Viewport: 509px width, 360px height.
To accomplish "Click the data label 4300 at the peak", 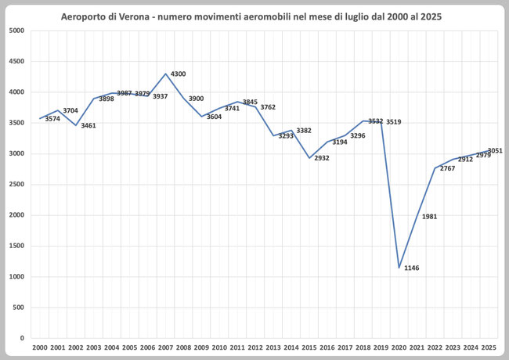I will (x=179, y=74).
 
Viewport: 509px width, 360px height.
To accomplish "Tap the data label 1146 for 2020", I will (x=412, y=268).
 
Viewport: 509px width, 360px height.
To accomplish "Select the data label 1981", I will (x=429, y=217).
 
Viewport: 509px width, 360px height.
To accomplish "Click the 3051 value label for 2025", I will (x=495, y=150).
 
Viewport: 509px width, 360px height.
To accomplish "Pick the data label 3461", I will (x=88, y=125).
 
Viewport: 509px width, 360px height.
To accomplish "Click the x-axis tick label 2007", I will (x=165, y=347).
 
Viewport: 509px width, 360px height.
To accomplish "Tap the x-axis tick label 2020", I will (x=399, y=347).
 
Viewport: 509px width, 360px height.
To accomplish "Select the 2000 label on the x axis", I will (x=40, y=347).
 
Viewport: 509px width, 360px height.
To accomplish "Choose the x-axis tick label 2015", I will (x=309, y=347).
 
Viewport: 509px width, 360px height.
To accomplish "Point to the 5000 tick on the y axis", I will (x=17, y=31).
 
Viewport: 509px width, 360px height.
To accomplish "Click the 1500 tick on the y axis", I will (x=17, y=246).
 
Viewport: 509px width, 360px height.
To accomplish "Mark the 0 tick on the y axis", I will (x=23, y=338).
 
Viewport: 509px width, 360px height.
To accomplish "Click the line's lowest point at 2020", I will (x=399, y=268).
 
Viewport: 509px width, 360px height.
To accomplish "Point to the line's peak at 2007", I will (x=165, y=74).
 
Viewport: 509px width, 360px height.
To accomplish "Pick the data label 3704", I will (x=70, y=111).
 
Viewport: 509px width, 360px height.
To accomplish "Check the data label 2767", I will (x=447, y=168).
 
